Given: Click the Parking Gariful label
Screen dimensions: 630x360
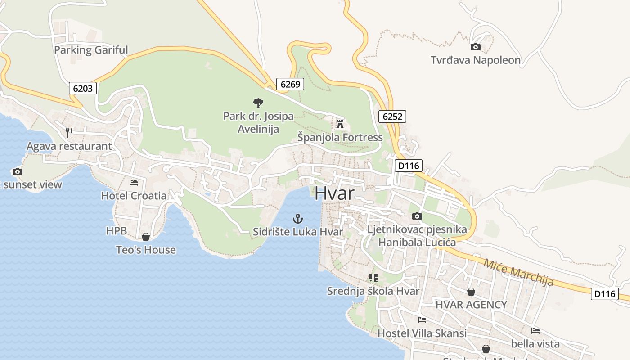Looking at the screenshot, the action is [91, 50].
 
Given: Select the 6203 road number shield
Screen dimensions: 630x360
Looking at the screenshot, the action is [83, 88].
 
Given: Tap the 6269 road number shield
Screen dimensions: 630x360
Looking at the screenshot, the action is [290, 84].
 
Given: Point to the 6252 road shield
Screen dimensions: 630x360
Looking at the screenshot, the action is [392, 117].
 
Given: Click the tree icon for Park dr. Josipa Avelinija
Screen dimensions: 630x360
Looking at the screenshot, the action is [258, 103].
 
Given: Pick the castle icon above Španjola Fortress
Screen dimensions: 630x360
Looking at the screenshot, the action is [340, 124].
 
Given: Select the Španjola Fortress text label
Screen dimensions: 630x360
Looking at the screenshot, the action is [340, 137].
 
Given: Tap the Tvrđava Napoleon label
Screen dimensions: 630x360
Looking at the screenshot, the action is [475, 60].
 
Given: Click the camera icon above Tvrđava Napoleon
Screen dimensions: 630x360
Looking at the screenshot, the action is [475, 47].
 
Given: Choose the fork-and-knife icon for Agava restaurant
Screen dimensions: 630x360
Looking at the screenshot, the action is [69, 132].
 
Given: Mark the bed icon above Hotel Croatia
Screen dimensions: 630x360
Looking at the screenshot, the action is [134, 182].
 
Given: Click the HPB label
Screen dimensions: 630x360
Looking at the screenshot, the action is [117, 231].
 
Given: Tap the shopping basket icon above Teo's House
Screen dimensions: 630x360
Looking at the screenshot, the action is [146, 237].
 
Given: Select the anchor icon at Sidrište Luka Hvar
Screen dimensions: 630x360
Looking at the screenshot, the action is [297, 219].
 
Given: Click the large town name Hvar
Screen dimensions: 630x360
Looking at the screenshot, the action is [334, 193].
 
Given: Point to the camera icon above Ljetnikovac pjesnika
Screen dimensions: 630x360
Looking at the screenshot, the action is [417, 216].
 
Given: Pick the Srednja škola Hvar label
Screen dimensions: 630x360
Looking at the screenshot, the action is [373, 291].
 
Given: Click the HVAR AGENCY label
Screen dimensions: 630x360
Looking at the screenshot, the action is [471, 305].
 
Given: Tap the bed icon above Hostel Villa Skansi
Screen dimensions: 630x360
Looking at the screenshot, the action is [422, 320].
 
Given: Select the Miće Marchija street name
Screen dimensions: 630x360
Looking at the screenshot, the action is [518, 272].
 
